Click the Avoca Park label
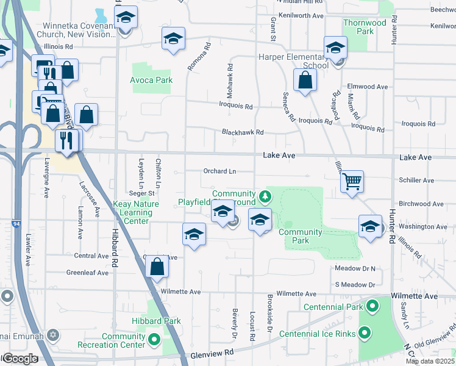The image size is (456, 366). pos(151,80)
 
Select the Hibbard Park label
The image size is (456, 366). pos(156,321)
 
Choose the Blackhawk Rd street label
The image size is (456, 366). pos(243,132)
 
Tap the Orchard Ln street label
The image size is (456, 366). pos(219,171)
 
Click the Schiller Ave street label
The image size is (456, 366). pos(416,181)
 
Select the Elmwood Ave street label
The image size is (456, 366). pos(368,87)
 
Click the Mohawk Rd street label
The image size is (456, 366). pos(231,77)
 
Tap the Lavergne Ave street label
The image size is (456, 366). pos(46,178)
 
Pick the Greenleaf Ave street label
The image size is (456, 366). pos(88,273)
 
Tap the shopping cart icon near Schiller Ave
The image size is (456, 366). pos(352,181)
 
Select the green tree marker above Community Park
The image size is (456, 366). pos(265,196)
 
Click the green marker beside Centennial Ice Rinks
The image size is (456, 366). pos(365,333)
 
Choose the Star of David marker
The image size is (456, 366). pos(53,335)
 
